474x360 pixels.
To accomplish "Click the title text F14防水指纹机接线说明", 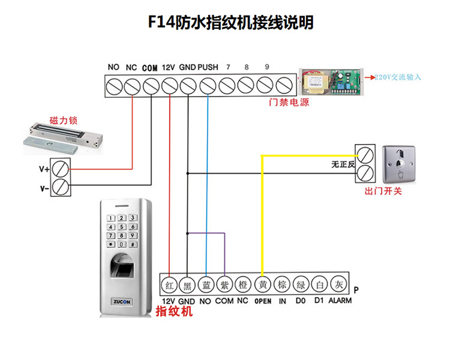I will pyautogui.click(x=231, y=23).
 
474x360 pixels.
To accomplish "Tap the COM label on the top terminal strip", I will pyautogui.click(x=150, y=68).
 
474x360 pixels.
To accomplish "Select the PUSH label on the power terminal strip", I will pyautogui.click(x=208, y=68).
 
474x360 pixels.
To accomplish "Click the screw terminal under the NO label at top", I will pyautogui.click(x=113, y=87).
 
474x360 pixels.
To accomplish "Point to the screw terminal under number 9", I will pyautogui.click(x=266, y=87).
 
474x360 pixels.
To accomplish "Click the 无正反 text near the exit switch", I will pyautogui.click(x=343, y=164).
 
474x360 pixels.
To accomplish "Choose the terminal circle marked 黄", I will pyautogui.click(x=262, y=284).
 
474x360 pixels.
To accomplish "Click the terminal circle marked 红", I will pyautogui.click(x=170, y=284).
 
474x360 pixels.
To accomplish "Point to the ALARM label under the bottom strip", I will pyautogui.click(x=340, y=301).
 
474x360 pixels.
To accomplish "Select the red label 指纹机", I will pyautogui.click(x=174, y=312).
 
